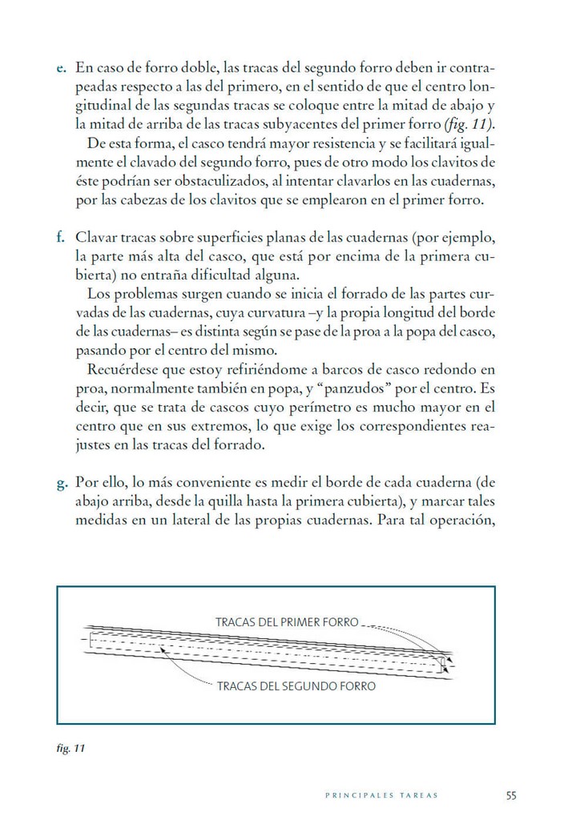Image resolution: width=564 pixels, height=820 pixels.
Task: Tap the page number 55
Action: coord(511,795)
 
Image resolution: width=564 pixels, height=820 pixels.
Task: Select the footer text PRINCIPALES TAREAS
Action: coord(381,796)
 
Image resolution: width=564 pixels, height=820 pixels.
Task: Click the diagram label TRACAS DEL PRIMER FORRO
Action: coord(286,621)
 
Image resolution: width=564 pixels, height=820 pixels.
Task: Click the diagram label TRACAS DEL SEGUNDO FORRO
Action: coord(296,686)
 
